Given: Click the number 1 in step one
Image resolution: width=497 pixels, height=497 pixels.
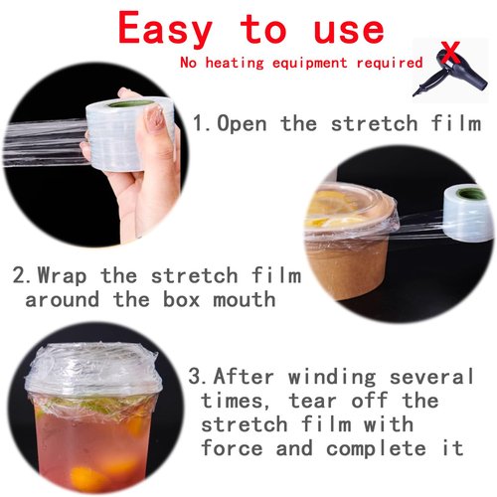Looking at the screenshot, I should [x=198, y=124].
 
